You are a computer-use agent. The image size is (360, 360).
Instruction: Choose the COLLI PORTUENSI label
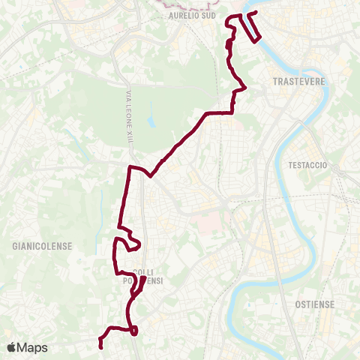tap(142, 276)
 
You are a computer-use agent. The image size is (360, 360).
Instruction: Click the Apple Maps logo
tap(27, 347)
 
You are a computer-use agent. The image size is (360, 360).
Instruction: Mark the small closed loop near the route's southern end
tap(133, 331)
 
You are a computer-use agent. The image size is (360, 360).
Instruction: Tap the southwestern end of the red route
tap(100, 345)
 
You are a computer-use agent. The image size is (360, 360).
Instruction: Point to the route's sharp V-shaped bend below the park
tap(151, 177)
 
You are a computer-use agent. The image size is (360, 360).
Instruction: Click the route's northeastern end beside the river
tap(256, 13)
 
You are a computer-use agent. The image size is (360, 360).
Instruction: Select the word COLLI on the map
tap(142, 271)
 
